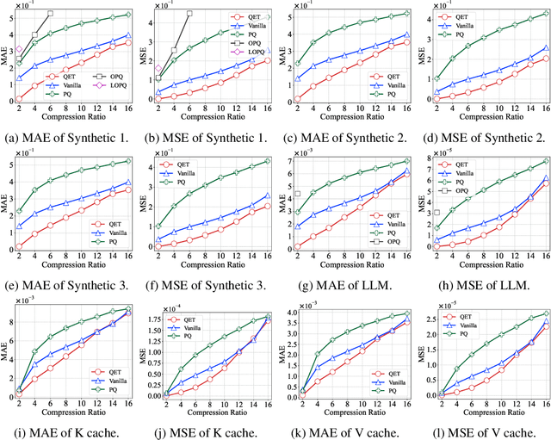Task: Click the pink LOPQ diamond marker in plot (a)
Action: (x=19, y=51)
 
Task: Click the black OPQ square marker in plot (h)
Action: (x=437, y=213)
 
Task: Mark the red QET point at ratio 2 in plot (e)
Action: (x=19, y=247)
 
